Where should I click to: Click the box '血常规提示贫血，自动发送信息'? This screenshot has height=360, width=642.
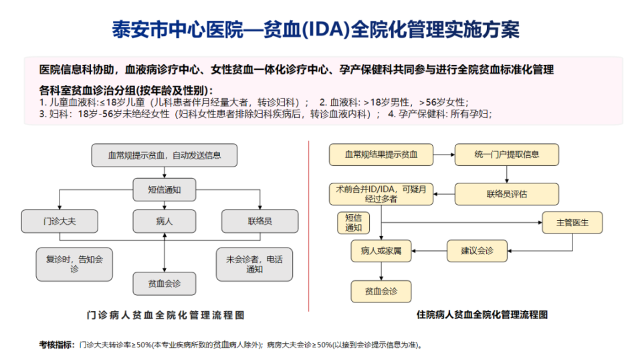[165, 155]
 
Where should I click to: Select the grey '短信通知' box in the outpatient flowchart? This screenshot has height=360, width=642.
[165, 189]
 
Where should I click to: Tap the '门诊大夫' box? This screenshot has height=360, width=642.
[60, 221]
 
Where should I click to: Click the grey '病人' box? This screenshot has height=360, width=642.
[165, 221]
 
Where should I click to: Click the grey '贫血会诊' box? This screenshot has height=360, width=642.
[165, 284]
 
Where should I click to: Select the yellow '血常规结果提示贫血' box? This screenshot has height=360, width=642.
[381, 155]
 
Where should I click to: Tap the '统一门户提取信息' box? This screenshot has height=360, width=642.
[506, 155]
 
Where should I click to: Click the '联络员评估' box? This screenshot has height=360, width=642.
[506, 194]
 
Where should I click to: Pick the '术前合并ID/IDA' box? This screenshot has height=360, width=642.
[381, 194]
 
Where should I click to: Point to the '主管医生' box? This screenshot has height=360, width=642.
[572, 222]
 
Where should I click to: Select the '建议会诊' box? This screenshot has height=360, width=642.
[477, 251]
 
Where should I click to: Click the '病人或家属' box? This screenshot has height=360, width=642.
[381, 251]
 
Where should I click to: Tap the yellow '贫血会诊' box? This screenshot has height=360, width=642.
[381, 291]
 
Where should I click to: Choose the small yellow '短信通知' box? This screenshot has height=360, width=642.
[353, 223]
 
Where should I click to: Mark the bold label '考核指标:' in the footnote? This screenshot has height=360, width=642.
[56, 345]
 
